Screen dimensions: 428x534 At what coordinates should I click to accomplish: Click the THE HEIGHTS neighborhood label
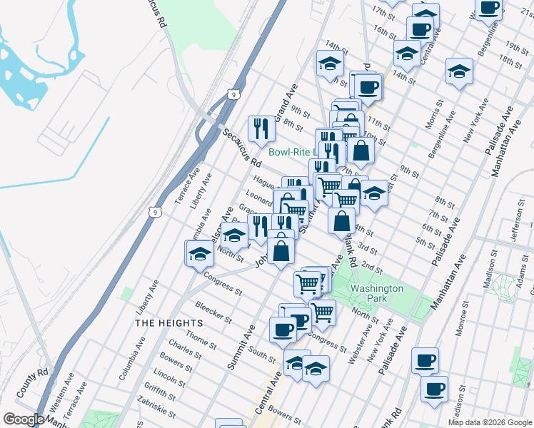[x=168, y=322]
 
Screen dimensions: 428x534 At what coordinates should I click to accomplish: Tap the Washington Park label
[x=376, y=293]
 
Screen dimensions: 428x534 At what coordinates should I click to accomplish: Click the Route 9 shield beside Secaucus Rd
[x=233, y=93]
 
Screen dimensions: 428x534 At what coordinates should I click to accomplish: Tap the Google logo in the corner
[x=24, y=419]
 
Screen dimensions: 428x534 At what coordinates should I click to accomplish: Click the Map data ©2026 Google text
[x=489, y=422]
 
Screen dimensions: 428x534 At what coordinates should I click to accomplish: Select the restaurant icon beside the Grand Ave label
[x=261, y=128]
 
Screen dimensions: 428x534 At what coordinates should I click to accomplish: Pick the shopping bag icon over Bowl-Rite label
[x=361, y=151]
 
